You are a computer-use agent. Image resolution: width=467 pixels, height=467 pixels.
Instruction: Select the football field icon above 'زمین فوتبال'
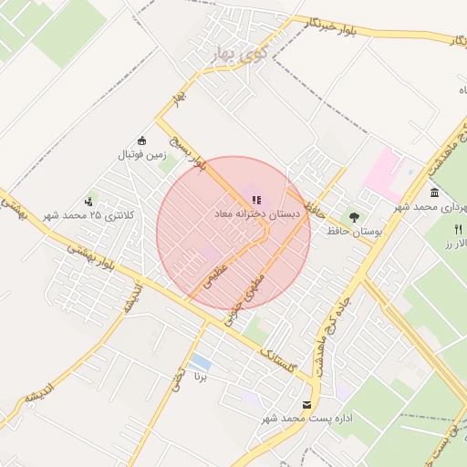click(x=141, y=140)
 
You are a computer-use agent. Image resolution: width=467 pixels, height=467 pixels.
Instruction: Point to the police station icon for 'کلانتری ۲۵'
click(x=88, y=201)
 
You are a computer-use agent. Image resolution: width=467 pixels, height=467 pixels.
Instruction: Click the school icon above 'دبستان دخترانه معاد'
click(x=254, y=200)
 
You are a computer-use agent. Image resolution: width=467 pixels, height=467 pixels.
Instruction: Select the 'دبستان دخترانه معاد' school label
click(x=257, y=213)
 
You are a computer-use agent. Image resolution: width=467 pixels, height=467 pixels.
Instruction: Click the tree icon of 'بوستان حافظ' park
click(x=352, y=217)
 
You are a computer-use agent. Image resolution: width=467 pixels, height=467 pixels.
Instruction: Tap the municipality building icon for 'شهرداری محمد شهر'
click(x=433, y=193)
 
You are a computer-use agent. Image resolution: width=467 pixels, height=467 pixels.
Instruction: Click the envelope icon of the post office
click(x=305, y=404)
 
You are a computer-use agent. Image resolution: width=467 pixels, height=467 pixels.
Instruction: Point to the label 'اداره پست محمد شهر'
click(x=296, y=418)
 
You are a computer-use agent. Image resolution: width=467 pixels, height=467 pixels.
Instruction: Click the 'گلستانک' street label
click(x=277, y=360)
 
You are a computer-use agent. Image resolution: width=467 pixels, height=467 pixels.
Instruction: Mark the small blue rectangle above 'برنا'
click(x=201, y=362)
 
